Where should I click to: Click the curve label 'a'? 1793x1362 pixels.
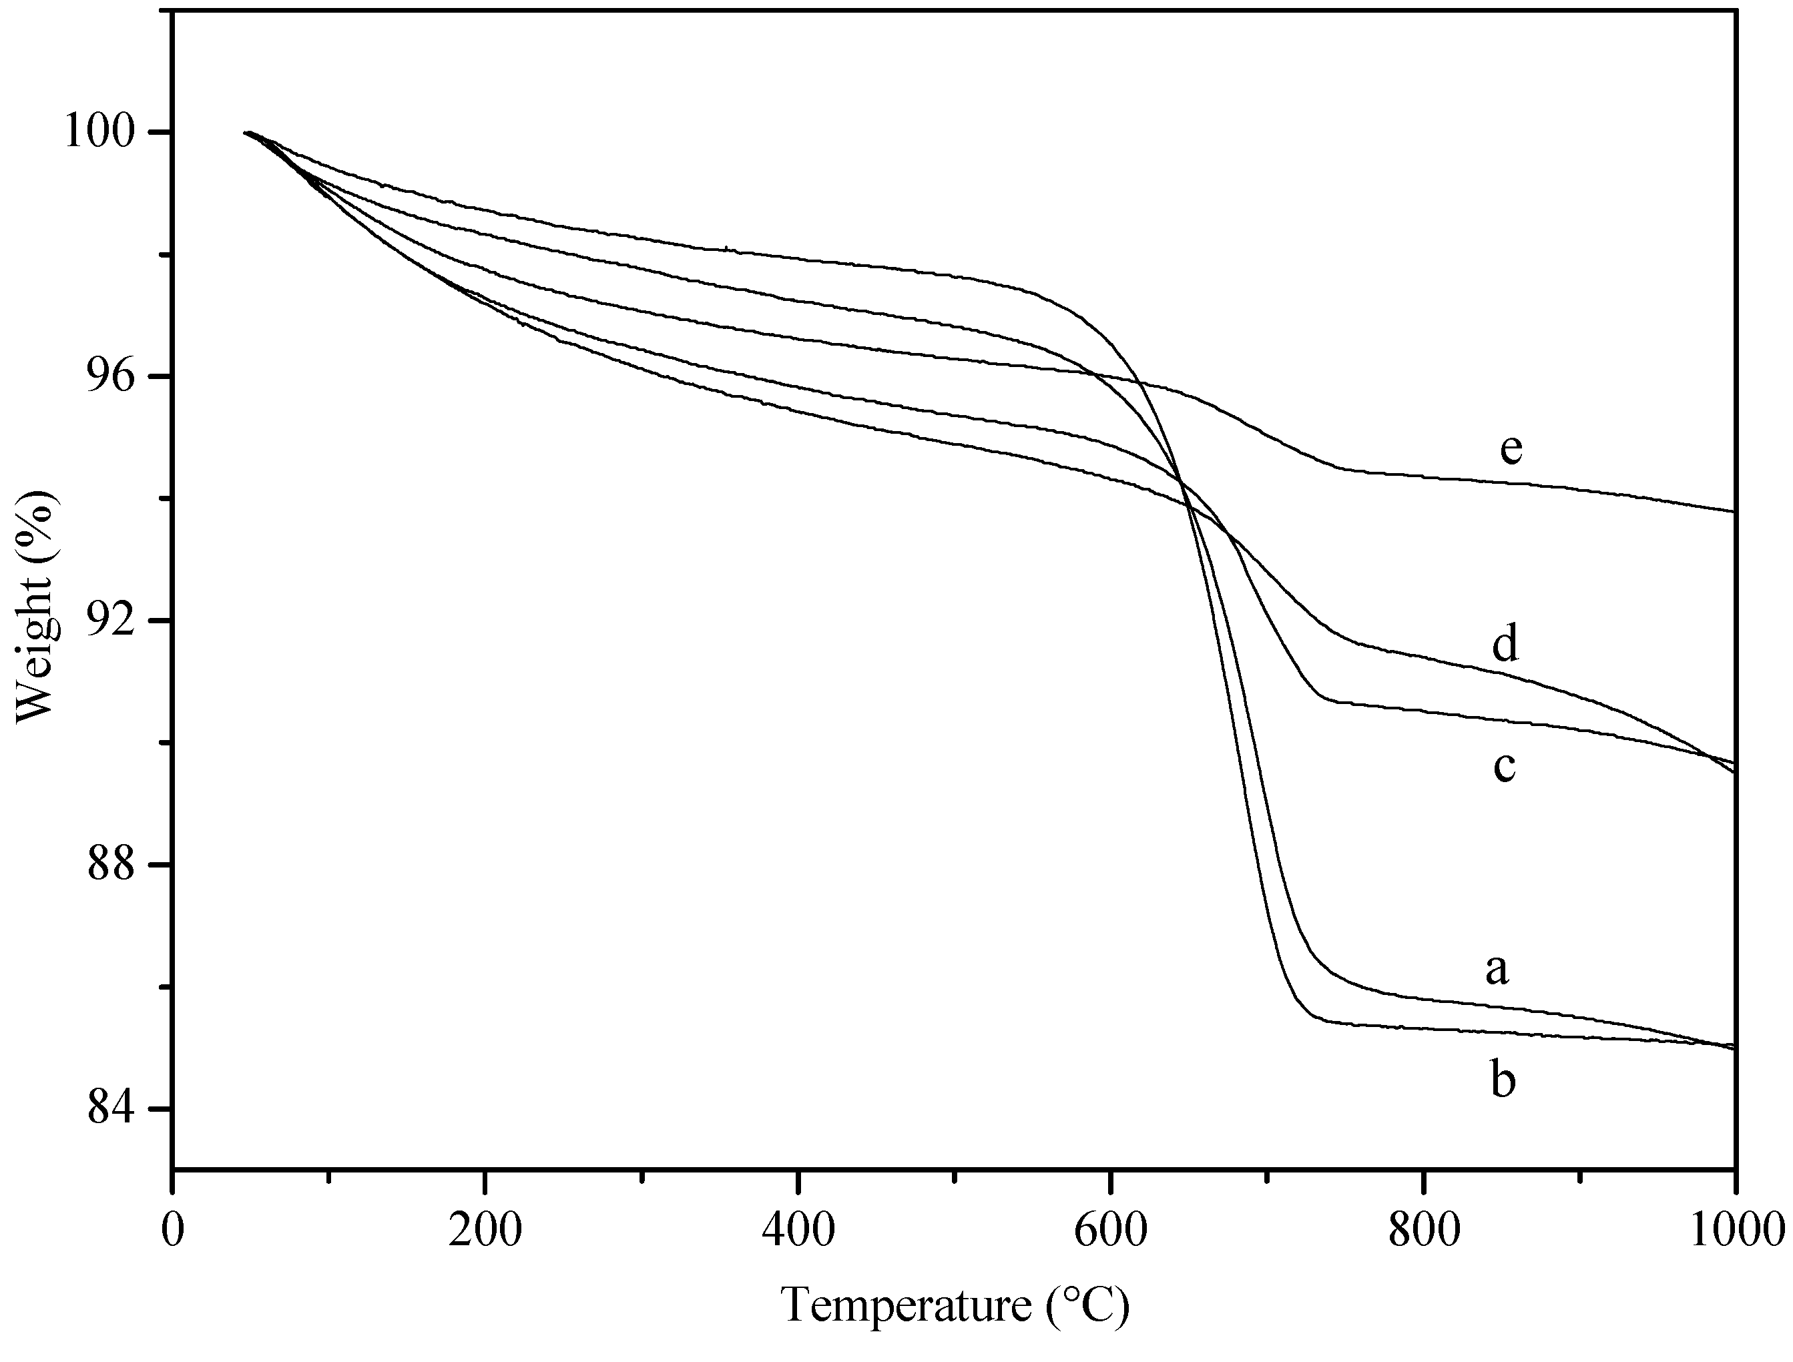(1497, 970)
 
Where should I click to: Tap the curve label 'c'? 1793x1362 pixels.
(1505, 767)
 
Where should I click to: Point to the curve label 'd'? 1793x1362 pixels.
(1505, 645)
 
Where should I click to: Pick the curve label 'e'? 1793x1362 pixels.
(1510, 448)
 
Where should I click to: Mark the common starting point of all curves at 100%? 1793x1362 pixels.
(246, 132)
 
